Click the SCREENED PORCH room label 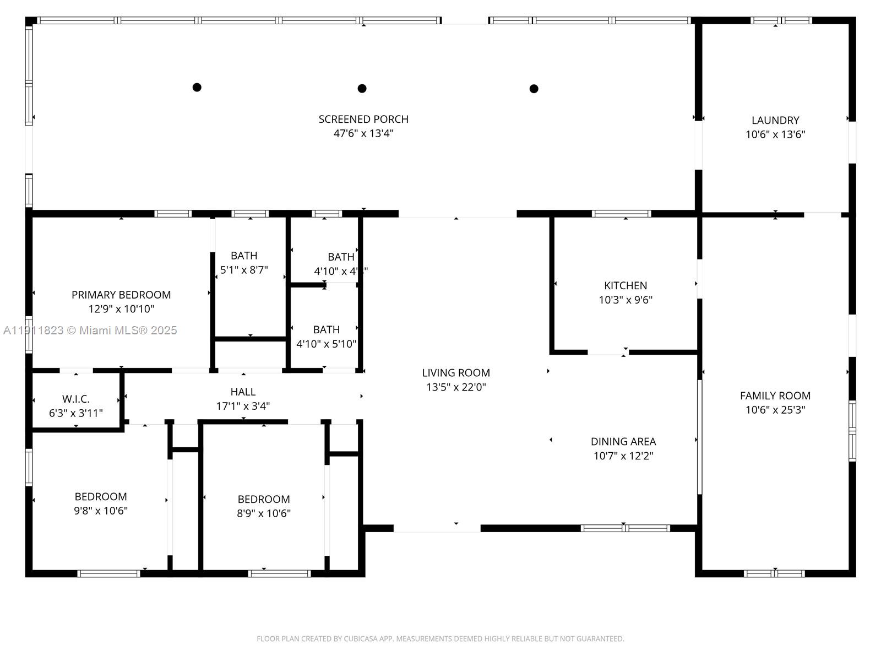tap(363, 119)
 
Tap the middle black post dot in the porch tap(362, 88)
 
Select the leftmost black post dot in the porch tap(197, 87)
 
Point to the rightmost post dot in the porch tap(534, 89)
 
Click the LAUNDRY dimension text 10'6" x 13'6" tap(775, 134)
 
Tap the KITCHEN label tap(626, 285)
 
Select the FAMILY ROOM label tap(775, 395)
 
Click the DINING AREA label tap(623, 441)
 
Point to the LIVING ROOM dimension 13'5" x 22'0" tap(456, 387)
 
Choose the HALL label tap(243, 392)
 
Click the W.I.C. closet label tap(76, 399)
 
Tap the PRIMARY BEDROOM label tap(121, 295)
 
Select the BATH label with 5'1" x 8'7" tap(244, 256)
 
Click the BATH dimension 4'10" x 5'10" tap(327, 344)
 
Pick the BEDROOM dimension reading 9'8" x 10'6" tap(101, 511)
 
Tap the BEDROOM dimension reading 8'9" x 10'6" tap(264, 513)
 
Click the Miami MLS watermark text tap(90, 330)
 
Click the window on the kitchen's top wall tap(621, 214)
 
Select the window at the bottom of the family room tap(774, 573)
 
